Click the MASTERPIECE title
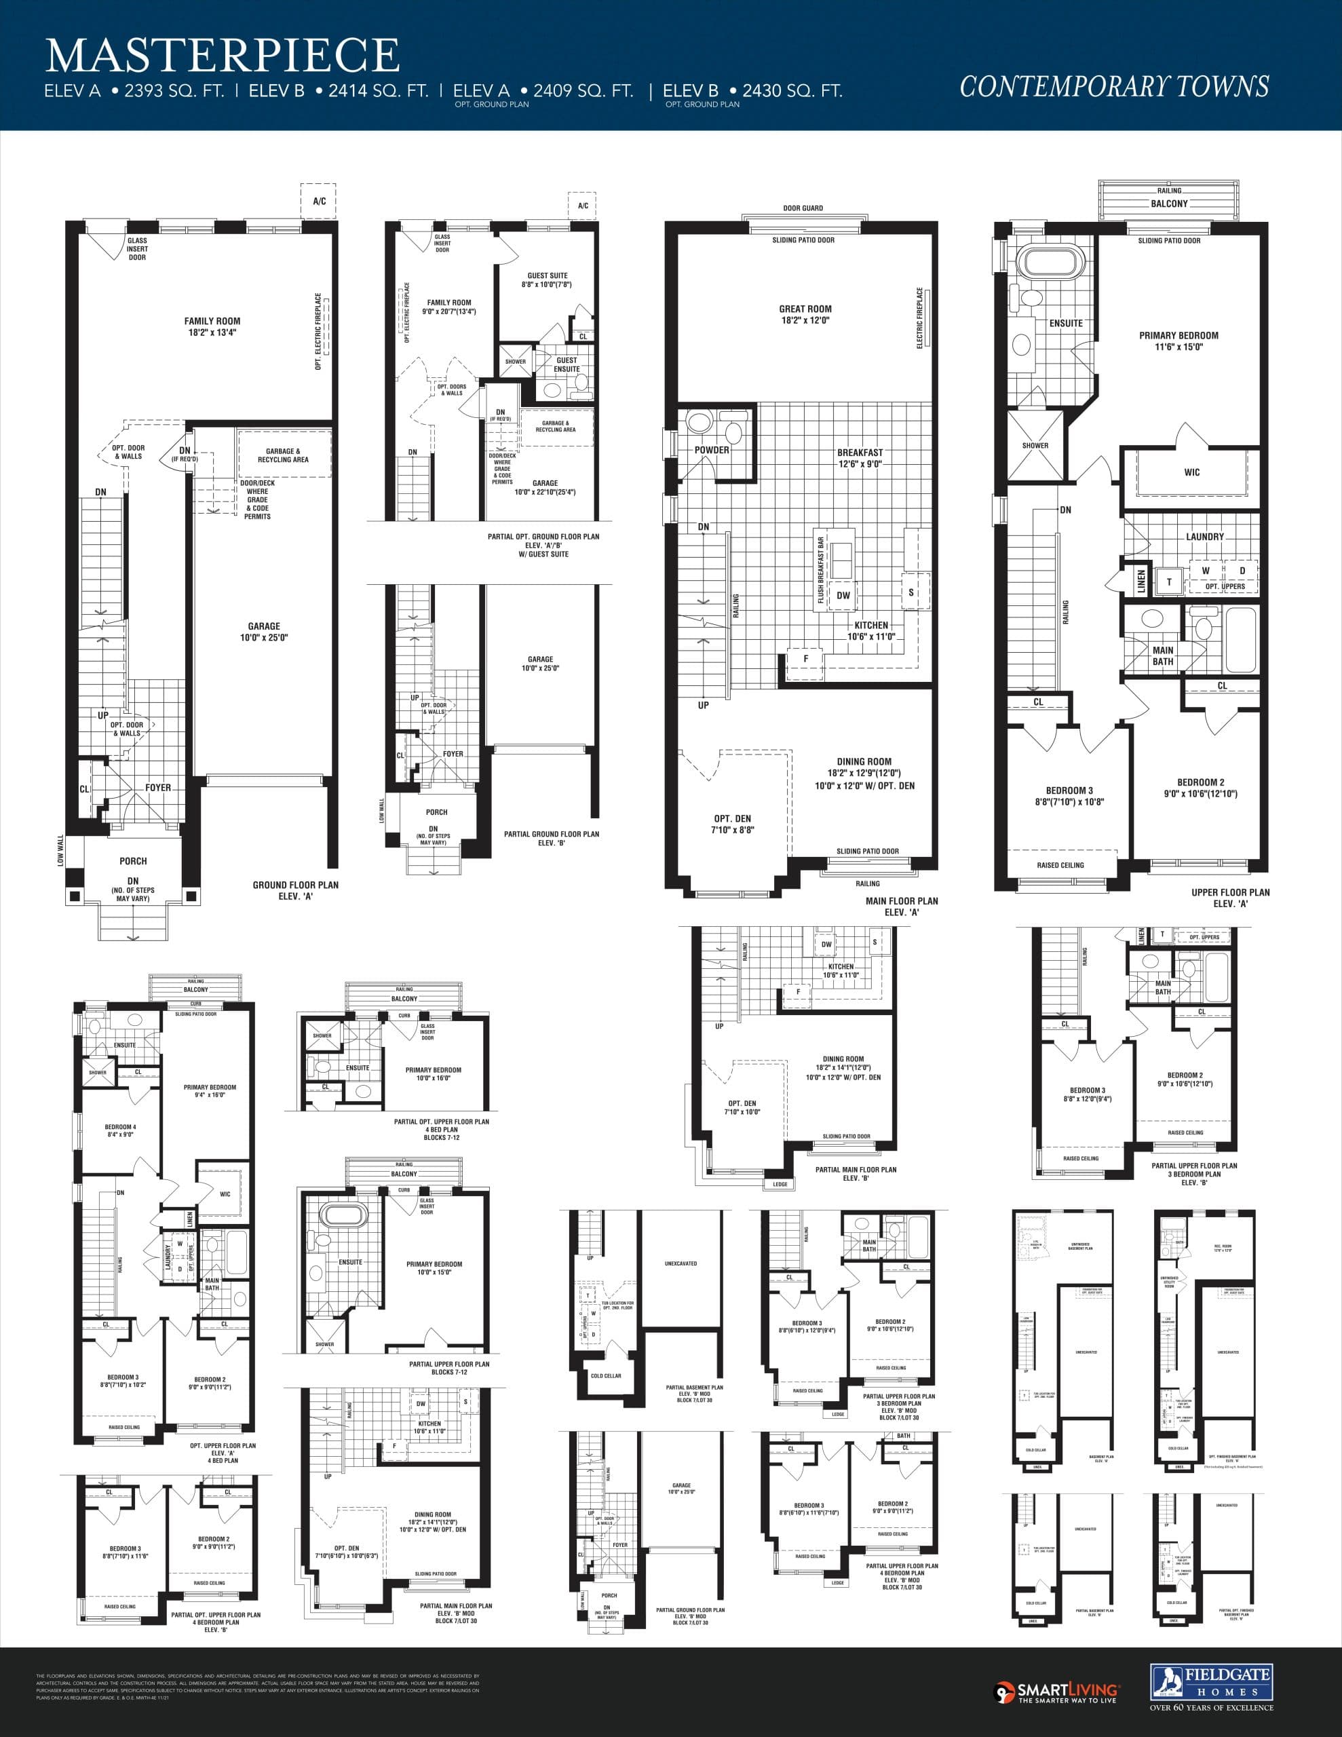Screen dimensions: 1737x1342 pyautogui.click(x=223, y=56)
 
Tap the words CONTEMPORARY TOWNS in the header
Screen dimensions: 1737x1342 pyautogui.click(x=1113, y=86)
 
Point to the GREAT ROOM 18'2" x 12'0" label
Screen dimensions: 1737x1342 pyautogui.click(x=805, y=314)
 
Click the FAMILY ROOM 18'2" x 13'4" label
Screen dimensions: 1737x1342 pyautogui.click(x=212, y=327)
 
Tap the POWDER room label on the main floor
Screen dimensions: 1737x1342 pyautogui.click(x=711, y=450)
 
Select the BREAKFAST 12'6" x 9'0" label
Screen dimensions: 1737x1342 pyautogui.click(x=860, y=458)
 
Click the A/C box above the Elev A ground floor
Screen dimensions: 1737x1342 pyautogui.click(x=319, y=202)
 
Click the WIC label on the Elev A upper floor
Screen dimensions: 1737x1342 pyautogui.click(x=1191, y=472)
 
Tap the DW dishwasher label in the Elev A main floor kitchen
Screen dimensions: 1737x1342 pyautogui.click(x=843, y=595)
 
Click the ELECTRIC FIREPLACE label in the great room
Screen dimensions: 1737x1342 pyautogui.click(x=921, y=318)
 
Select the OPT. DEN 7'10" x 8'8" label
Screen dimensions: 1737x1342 pyautogui.click(x=732, y=824)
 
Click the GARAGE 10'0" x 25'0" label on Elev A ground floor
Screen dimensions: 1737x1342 pyautogui.click(x=263, y=632)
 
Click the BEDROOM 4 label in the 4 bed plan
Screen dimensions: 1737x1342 pyautogui.click(x=120, y=1130)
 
